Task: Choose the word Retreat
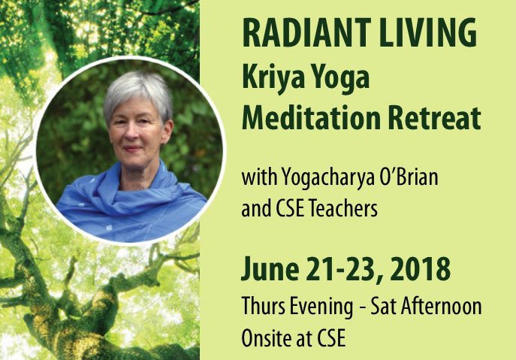431,117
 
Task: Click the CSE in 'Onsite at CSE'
330,337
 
